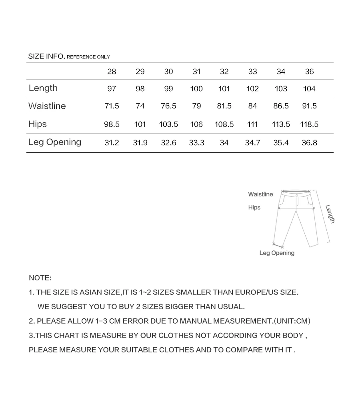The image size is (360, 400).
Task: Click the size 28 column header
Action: click(x=112, y=72)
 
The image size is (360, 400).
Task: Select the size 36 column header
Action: click(x=309, y=72)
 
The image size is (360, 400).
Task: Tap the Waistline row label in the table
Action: click(x=47, y=106)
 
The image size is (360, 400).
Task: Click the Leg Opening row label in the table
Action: click(x=54, y=142)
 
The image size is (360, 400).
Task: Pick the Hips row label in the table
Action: click(x=37, y=124)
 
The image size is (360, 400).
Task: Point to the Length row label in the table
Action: click(x=43, y=88)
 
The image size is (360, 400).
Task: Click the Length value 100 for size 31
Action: click(x=196, y=89)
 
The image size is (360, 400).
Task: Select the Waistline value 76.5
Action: click(x=168, y=106)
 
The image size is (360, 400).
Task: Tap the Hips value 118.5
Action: click(x=309, y=124)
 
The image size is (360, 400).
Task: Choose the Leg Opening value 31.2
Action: click(x=112, y=143)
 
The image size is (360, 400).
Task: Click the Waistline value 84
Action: click(x=252, y=106)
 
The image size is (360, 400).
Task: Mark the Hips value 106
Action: click(x=196, y=124)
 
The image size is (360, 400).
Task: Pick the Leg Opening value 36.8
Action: click(x=309, y=143)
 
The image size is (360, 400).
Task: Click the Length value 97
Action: click(x=112, y=89)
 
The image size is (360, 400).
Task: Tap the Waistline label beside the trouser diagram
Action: click(x=260, y=194)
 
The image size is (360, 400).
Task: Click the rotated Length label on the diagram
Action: click(x=330, y=214)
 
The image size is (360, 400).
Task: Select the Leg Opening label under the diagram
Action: click(x=277, y=253)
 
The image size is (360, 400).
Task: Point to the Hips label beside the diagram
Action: click(x=254, y=208)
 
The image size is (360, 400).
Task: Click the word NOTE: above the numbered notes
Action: click(x=40, y=278)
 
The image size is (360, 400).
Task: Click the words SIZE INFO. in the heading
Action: click(x=46, y=56)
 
